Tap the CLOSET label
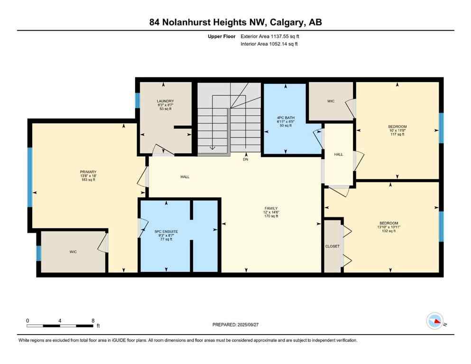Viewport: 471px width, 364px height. tap(332, 246)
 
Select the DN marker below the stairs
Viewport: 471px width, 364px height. tap(246, 160)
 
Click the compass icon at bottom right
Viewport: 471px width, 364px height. tap(434, 321)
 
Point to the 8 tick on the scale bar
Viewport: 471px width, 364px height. tap(93, 321)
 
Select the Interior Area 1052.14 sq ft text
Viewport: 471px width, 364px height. tap(269, 44)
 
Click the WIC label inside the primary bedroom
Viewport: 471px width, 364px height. tap(73, 252)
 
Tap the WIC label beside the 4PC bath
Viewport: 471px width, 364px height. tap(331, 101)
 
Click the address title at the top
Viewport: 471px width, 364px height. tap(235, 22)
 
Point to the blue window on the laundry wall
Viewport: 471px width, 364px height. tap(137, 100)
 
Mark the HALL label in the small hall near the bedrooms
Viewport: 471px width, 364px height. tap(338, 155)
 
